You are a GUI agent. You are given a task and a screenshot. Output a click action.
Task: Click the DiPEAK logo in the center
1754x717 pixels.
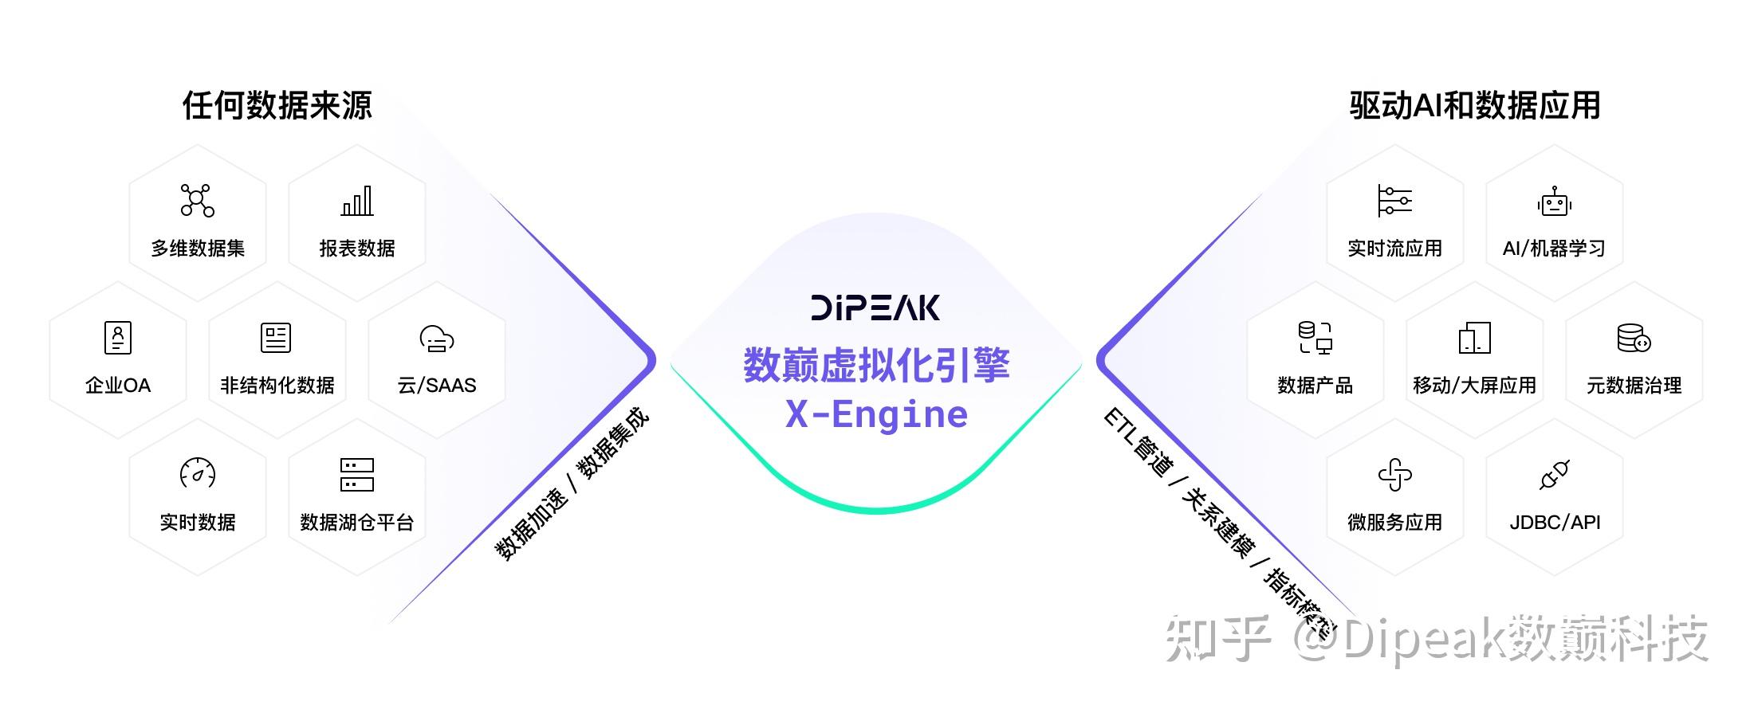(x=875, y=308)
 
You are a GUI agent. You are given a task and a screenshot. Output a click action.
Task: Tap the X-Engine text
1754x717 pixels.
(x=876, y=414)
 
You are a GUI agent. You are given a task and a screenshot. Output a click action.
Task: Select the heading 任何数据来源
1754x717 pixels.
(x=277, y=105)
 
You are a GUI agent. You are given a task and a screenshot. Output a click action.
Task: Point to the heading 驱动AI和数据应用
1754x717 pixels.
(x=1474, y=105)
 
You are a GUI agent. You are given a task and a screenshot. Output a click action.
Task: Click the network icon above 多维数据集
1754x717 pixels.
(x=197, y=201)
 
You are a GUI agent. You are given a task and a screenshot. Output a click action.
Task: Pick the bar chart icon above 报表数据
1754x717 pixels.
(x=357, y=201)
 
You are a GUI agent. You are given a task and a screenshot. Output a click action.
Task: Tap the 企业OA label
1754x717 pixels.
(x=118, y=386)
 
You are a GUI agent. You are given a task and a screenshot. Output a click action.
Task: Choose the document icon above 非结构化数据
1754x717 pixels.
(x=276, y=338)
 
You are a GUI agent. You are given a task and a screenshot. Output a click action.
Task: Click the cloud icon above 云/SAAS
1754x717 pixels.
(x=437, y=339)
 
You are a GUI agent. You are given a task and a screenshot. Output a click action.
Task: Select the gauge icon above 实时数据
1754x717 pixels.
(x=198, y=473)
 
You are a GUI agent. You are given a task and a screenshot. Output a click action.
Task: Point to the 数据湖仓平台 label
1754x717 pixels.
(x=357, y=523)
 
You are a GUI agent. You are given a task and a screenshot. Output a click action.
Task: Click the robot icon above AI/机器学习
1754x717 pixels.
(x=1554, y=202)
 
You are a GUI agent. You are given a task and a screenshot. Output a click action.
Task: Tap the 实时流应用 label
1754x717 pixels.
(x=1394, y=249)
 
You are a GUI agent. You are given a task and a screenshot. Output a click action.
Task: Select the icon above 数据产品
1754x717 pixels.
(x=1315, y=338)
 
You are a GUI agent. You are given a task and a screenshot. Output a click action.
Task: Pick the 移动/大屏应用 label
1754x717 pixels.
(x=1474, y=386)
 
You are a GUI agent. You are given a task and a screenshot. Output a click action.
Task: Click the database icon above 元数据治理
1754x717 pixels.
(x=1634, y=338)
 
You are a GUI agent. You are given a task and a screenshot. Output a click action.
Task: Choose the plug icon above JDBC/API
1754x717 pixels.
(x=1555, y=475)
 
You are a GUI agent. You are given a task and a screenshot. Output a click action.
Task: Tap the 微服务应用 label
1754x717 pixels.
(x=1394, y=523)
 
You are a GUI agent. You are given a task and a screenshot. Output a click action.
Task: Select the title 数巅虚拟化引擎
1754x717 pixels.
(x=876, y=366)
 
